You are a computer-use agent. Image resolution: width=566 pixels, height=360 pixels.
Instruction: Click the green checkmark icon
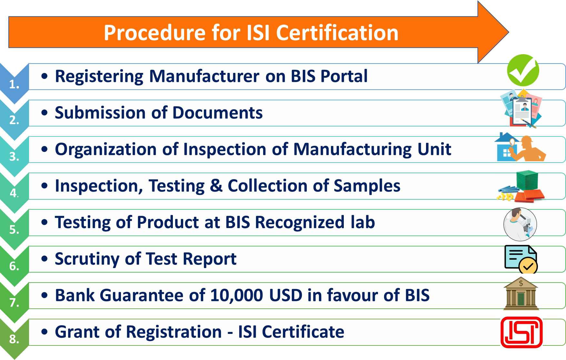523,70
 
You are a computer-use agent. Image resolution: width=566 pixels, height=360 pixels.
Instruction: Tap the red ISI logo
521,332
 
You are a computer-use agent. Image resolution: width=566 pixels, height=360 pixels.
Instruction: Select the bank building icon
521,294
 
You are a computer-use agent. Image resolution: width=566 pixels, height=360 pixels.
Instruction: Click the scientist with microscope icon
520,224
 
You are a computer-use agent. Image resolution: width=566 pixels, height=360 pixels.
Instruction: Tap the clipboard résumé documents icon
521,109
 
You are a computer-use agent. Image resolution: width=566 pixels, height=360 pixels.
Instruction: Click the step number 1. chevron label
14,85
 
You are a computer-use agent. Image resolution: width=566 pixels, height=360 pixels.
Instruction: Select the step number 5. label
14,230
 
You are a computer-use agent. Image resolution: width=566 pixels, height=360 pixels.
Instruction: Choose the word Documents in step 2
218,113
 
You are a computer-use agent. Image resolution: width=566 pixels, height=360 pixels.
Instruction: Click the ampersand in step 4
216,186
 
